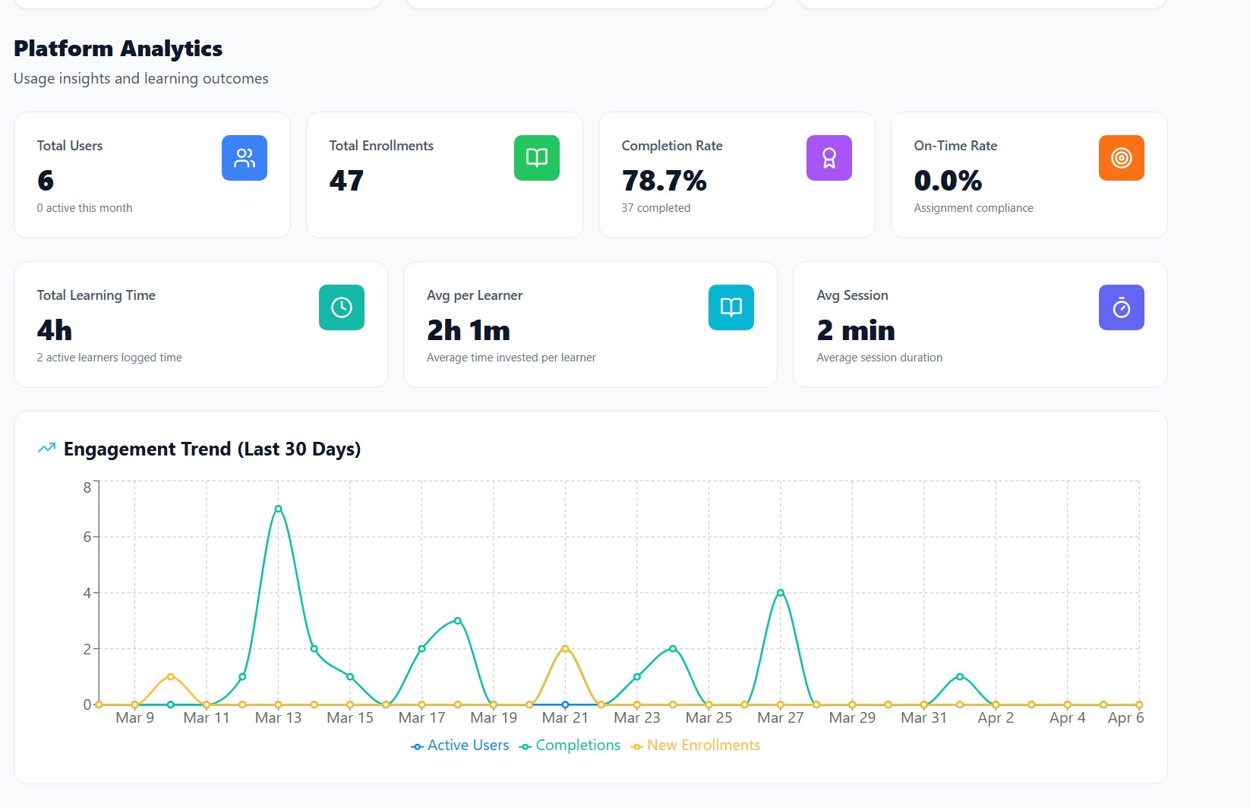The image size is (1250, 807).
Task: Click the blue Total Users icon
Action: [244, 158]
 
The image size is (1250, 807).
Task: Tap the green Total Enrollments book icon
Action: [536, 158]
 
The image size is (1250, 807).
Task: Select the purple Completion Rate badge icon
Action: [829, 158]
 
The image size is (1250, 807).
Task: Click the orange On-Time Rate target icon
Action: [1121, 158]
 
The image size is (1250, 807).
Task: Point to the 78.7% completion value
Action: [664, 181]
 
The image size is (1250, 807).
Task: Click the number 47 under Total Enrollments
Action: [346, 181]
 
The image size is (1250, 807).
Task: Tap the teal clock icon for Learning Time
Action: [341, 307]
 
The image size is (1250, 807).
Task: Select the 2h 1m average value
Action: [468, 330]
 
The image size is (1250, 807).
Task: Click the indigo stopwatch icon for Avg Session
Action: [1121, 307]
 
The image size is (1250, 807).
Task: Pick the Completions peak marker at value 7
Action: [278, 509]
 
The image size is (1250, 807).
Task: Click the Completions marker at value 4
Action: [780, 593]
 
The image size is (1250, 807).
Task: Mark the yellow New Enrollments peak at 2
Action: [565, 648]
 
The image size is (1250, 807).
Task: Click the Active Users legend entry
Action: [459, 746]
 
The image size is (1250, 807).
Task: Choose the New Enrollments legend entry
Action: [695, 746]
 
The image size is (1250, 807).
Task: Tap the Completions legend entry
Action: [570, 746]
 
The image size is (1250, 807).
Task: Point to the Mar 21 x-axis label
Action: [565, 718]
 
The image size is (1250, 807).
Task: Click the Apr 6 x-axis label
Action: [1125, 718]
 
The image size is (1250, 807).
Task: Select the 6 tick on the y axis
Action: [87, 537]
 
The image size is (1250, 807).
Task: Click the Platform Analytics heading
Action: [118, 49]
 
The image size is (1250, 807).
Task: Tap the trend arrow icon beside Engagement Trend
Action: [46, 448]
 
